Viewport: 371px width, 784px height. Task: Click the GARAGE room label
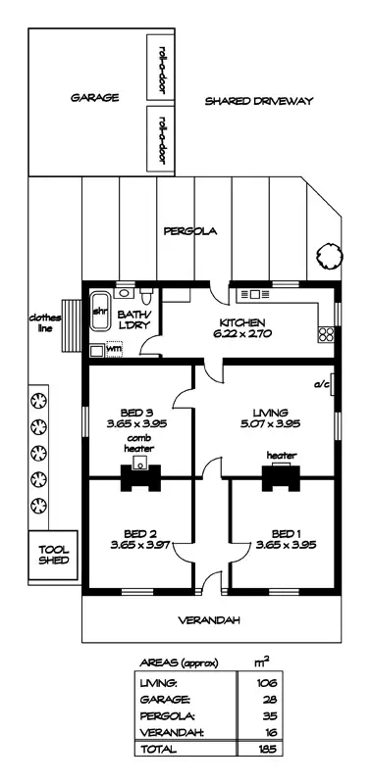(x=94, y=97)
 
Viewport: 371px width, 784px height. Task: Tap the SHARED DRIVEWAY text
(x=259, y=101)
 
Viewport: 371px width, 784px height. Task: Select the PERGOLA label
(x=190, y=231)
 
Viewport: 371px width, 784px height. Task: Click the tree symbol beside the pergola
(x=330, y=257)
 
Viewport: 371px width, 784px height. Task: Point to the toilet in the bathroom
(x=146, y=297)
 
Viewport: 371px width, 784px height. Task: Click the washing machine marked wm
(x=114, y=350)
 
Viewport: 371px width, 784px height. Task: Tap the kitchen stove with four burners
(x=326, y=334)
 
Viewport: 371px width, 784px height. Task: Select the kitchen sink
(x=255, y=295)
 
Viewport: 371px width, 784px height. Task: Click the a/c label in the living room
(x=320, y=384)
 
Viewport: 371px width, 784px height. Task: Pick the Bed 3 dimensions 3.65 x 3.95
(x=136, y=423)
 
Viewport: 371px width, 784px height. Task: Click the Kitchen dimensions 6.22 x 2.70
(x=241, y=333)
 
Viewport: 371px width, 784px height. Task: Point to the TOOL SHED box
(x=53, y=555)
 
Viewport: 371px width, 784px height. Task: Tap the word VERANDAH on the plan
(x=209, y=620)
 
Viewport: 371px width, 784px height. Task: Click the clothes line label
(x=45, y=322)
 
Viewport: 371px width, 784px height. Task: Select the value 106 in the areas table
(x=264, y=683)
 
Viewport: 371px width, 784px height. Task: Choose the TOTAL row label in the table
(x=158, y=749)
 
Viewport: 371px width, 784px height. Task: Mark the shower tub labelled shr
(x=100, y=312)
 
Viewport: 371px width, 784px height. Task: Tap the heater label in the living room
(x=282, y=456)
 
